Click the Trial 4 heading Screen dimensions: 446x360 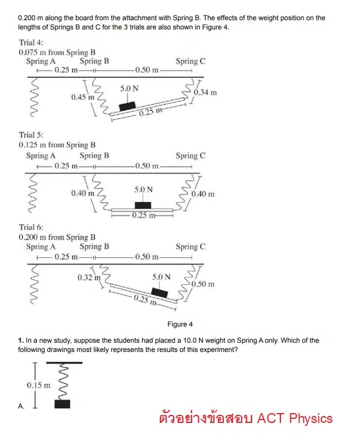coord(31,43)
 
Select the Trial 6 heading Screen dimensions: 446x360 coord(31,227)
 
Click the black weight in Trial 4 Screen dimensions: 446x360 coord(127,106)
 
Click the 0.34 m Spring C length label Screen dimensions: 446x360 coord(205,92)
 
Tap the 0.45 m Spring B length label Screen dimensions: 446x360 coord(82,97)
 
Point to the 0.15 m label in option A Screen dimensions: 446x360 coord(38,384)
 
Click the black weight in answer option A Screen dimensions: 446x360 coord(62,404)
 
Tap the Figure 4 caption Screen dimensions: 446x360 coord(180,324)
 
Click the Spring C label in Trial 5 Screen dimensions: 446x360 coord(190,156)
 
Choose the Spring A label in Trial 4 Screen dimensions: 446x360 coord(41,61)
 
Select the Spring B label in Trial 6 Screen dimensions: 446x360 coord(95,247)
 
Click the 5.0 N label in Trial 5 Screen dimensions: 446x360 coord(144,189)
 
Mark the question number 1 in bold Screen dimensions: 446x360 coord(20,340)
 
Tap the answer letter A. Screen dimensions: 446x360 coord(21,406)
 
